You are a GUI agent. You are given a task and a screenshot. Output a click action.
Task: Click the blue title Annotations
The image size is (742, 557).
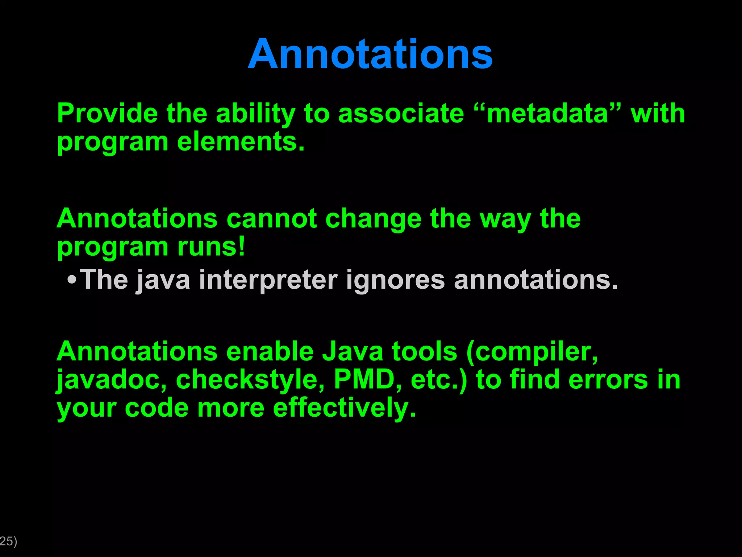pos(370,54)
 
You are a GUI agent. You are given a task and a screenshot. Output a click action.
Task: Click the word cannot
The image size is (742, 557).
pos(272,219)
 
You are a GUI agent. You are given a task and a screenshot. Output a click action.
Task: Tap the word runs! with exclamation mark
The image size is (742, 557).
pos(211,247)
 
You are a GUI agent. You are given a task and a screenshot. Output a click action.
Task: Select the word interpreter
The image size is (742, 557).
pos(268,280)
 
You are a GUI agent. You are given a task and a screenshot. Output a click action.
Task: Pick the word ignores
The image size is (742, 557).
pos(395,280)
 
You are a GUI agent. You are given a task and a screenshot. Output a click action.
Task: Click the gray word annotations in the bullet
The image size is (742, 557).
pos(535,280)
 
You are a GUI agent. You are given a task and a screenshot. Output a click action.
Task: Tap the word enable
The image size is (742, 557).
pos(270,351)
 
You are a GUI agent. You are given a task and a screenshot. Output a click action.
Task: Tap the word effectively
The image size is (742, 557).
pos(344,408)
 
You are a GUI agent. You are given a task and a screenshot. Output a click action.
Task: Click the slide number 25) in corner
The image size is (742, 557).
pos(8,541)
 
